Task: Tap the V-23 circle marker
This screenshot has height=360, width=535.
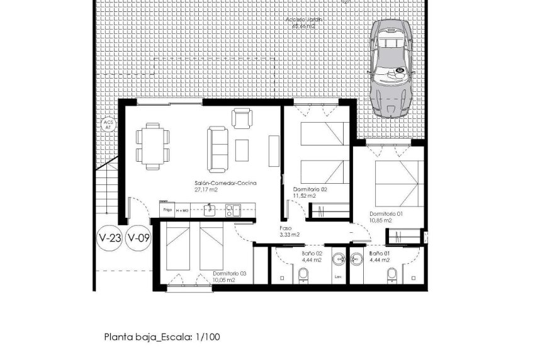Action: pos(110,239)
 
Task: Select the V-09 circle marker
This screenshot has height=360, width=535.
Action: pos(138,239)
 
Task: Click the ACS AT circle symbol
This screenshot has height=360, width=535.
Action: pos(107,124)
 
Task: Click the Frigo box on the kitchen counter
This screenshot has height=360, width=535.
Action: pos(167,209)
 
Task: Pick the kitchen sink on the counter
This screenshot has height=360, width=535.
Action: pos(212,210)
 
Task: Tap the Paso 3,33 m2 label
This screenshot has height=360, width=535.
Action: pos(289,232)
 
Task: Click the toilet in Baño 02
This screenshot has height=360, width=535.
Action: pos(303,275)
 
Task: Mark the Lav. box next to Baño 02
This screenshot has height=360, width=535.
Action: pos(338,276)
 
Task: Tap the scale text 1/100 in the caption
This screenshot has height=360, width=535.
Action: pos(205,337)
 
